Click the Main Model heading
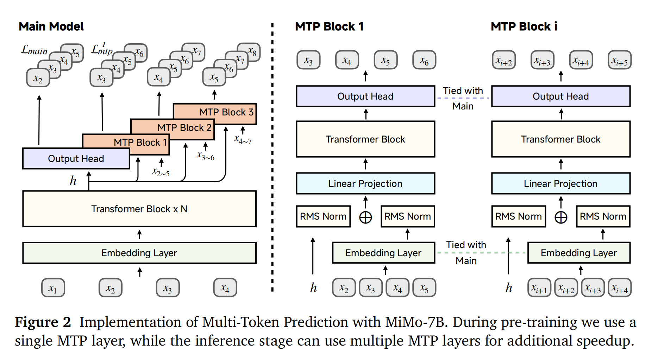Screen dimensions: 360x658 tap(51, 26)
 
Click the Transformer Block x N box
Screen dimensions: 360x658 tap(139, 209)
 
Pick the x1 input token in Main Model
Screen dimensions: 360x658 tap(53, 288)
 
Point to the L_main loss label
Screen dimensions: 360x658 tap(34, 50)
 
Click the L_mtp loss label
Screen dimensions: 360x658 tap(102, 50)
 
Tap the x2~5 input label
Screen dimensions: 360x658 tap(161, 172)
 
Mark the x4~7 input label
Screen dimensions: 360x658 tap(243, 140)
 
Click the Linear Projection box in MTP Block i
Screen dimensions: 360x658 tap(560, 183)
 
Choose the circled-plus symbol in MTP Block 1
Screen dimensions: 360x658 tap(365, 217)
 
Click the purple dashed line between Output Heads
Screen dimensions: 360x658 tap(463, 98)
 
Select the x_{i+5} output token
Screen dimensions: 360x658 tap(620, 60)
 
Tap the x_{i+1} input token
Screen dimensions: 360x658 tap(539, 288)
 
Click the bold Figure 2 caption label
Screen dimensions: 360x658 tap(43, 322)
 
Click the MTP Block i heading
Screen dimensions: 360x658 tap(524, 26)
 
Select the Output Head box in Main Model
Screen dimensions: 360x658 tap(76, 159)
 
